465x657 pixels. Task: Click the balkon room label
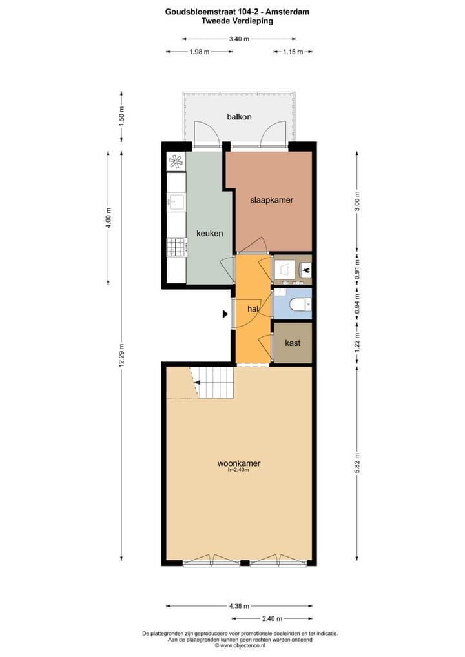[x=239, y=117]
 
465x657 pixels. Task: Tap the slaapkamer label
[x=271, y=200]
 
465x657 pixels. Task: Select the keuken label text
[x=210, y=233]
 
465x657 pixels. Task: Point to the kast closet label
[x=293, y=343]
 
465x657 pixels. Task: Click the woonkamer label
[x=238, y=463]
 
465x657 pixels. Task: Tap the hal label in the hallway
[x=253, y=310]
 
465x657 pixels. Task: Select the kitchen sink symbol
[x=176, y=202]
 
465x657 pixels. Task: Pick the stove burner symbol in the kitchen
[x=176, y=246]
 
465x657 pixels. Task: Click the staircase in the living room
[x=213, y=382]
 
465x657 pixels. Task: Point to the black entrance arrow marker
[x=225, y=314]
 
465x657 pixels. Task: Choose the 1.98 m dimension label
[x=200, y=52]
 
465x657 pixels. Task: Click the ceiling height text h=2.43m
[x=238, y=470]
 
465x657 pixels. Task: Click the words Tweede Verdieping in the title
[x=237, y=21]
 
